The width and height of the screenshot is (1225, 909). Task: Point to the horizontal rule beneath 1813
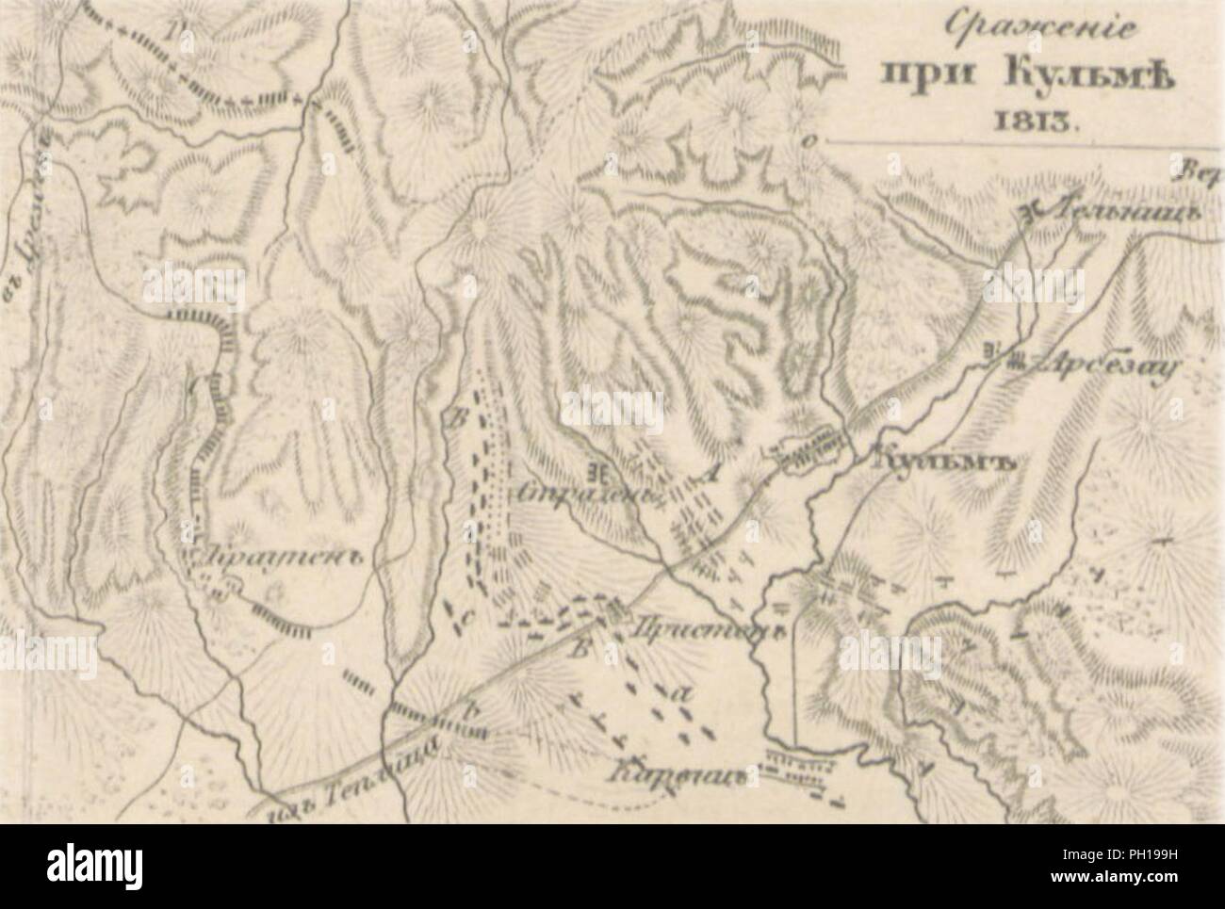(x=1018, y=142)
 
